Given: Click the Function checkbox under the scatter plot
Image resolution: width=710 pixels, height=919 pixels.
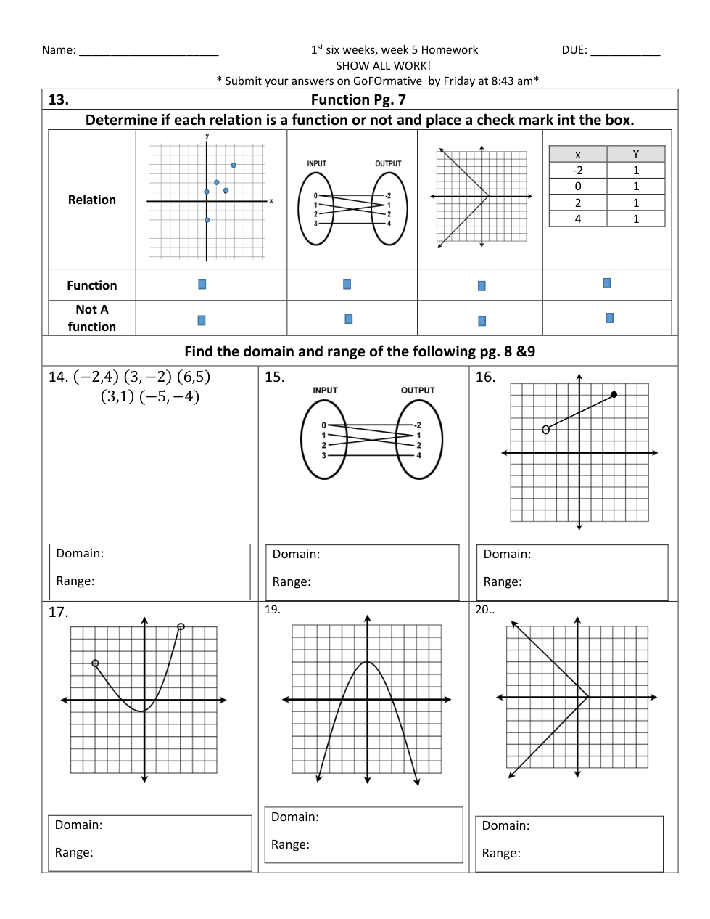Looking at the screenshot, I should (x=202, y=285).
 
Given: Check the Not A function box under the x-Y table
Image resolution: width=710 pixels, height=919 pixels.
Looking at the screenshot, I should (x=609, y=318).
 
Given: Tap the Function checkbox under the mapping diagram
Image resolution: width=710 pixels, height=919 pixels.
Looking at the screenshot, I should (x=347, y=285).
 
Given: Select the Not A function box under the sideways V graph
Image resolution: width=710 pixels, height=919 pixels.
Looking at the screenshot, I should (x=482, y=321).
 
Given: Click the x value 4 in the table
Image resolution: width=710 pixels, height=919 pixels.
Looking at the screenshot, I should (x=578, y=218).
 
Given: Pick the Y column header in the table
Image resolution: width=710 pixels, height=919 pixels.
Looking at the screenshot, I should (x=636, y=154).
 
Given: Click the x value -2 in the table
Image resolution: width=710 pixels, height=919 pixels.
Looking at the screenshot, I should (x=578, y=171).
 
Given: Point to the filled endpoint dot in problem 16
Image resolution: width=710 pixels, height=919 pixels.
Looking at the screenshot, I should (x=614, y=395).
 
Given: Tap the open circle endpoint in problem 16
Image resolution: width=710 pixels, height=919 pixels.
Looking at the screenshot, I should (x=546, y=430).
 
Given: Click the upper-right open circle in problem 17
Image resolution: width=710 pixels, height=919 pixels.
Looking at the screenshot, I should (x=181, y=626).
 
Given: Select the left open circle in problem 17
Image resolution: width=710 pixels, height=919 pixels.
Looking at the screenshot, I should (x=95, y=663).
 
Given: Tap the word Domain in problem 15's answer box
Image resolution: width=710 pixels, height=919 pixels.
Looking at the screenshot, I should (x=296, y=555).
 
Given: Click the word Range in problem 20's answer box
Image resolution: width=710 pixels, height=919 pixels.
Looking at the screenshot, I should (x=501, y=854).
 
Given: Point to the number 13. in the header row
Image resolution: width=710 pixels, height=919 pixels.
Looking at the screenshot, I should (x=59, y=99).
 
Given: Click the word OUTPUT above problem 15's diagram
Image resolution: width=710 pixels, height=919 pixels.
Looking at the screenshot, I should (x=418, y=390).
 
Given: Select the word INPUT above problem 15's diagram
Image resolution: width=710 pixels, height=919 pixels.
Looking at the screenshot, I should (x=325, y=390).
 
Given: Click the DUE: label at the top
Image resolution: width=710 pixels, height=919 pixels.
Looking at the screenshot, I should (x=574, y=50).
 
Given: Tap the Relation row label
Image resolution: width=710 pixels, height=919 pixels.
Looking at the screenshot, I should (x=92, y=200).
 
